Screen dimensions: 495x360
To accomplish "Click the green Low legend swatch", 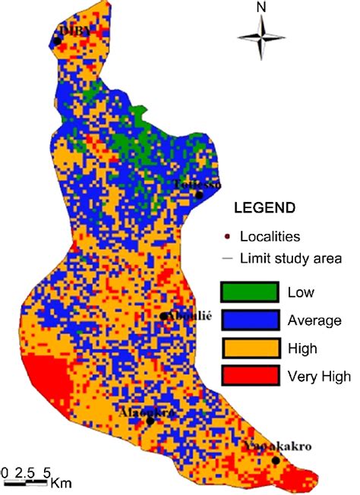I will (248, 292).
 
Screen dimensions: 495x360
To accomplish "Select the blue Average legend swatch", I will (248, 320).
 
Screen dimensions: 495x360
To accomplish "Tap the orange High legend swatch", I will (248, 348).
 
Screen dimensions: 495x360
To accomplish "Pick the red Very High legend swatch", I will (248, 377).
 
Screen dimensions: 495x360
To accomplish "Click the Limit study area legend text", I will (291, 258).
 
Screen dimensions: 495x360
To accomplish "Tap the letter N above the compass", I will (261, 8).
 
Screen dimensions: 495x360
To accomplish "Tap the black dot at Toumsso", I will (199, 194).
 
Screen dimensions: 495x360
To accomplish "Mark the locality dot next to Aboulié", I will (163, 317).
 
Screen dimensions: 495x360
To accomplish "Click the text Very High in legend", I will (319, 377).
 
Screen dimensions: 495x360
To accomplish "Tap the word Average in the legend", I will (314, 320).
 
